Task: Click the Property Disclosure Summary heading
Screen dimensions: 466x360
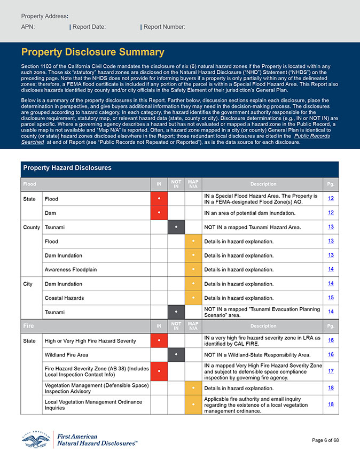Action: coord(92,52)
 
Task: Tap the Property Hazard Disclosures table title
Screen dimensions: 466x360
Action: coord(67,168)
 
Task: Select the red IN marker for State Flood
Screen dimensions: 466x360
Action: coord(159,199)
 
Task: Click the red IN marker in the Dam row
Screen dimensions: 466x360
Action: coord(159,213)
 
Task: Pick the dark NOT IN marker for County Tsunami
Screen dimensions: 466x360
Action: coord(176,227)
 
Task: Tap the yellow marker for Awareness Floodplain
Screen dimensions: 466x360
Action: coord(193,269)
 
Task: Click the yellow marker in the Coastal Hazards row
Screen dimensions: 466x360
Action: coord(193,298)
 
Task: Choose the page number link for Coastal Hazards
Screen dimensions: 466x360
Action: coord(331,298)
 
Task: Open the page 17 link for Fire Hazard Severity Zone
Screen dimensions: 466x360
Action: coord(331,371)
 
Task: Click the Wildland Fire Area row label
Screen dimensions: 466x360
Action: coord(66,354)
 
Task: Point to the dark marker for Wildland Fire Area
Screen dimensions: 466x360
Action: coord(176,354)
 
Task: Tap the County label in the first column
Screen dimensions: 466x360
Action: coord(32,227)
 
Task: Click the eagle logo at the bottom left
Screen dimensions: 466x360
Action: coord(36,439)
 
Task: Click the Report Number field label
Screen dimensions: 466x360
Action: coord(165,27)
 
